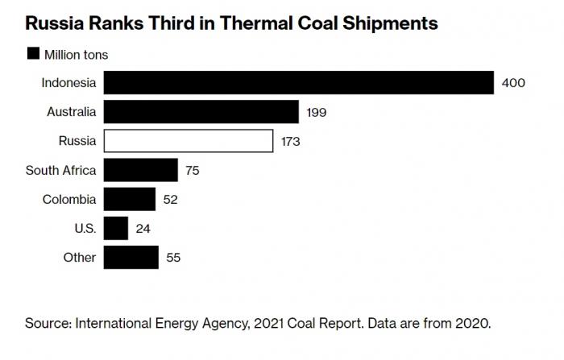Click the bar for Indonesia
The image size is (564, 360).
(x=298, y=83)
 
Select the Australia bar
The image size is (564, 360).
(x=201, y=112)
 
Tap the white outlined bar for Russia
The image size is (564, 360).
(x=189, y=141)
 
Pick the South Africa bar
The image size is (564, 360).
(x=141, y=170)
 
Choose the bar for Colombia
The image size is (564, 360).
(x=130, y=199)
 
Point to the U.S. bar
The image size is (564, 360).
(x=116, y=228)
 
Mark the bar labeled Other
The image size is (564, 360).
(x=131, y=258)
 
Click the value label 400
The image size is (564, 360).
(x=513, y=83)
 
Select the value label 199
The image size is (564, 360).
(x=316, y=113)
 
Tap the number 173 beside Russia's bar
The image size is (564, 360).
(x=290, y=142)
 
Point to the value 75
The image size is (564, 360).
(x=192, y=171)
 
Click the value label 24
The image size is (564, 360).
(x=142, y=229)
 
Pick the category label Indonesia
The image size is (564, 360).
(x=68, y=83)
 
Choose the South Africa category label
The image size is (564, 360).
(x=60, y=170)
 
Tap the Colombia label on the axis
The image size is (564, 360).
(x=69, y=199)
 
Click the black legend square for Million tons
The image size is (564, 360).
(x=33, y=54)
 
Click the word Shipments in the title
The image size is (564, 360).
(x=391, y=23)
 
